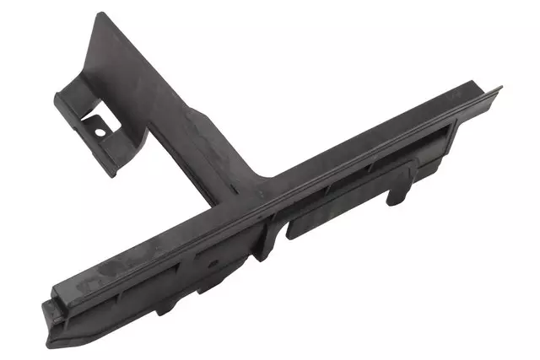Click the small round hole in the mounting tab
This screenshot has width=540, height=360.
100,132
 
